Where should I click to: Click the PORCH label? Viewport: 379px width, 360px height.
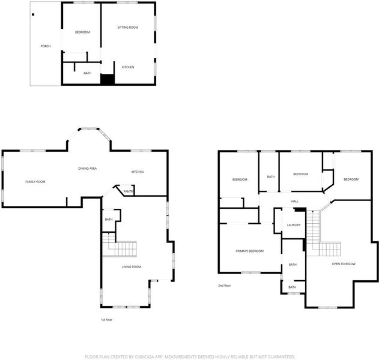46,46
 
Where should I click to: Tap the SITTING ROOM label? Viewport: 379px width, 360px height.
128,28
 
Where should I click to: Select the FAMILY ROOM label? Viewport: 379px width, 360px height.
35,182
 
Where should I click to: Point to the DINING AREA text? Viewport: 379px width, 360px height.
88,169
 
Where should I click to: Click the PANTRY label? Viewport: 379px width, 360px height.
129,191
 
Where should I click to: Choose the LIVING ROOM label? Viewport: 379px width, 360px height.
132,267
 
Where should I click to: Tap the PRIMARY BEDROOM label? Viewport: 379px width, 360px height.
250,251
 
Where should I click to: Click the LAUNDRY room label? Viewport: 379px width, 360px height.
294,225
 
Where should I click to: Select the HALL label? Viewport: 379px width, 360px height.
295,202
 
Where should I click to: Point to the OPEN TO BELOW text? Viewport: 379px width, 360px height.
344,264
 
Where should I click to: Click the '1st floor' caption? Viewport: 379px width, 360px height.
106,320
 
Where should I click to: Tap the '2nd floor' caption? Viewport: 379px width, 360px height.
225,286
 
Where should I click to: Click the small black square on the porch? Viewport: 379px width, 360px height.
33,14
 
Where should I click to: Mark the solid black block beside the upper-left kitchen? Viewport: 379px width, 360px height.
108,79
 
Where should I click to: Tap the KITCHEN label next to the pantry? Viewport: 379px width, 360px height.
138,172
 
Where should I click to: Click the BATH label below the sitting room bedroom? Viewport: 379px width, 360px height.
88,73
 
